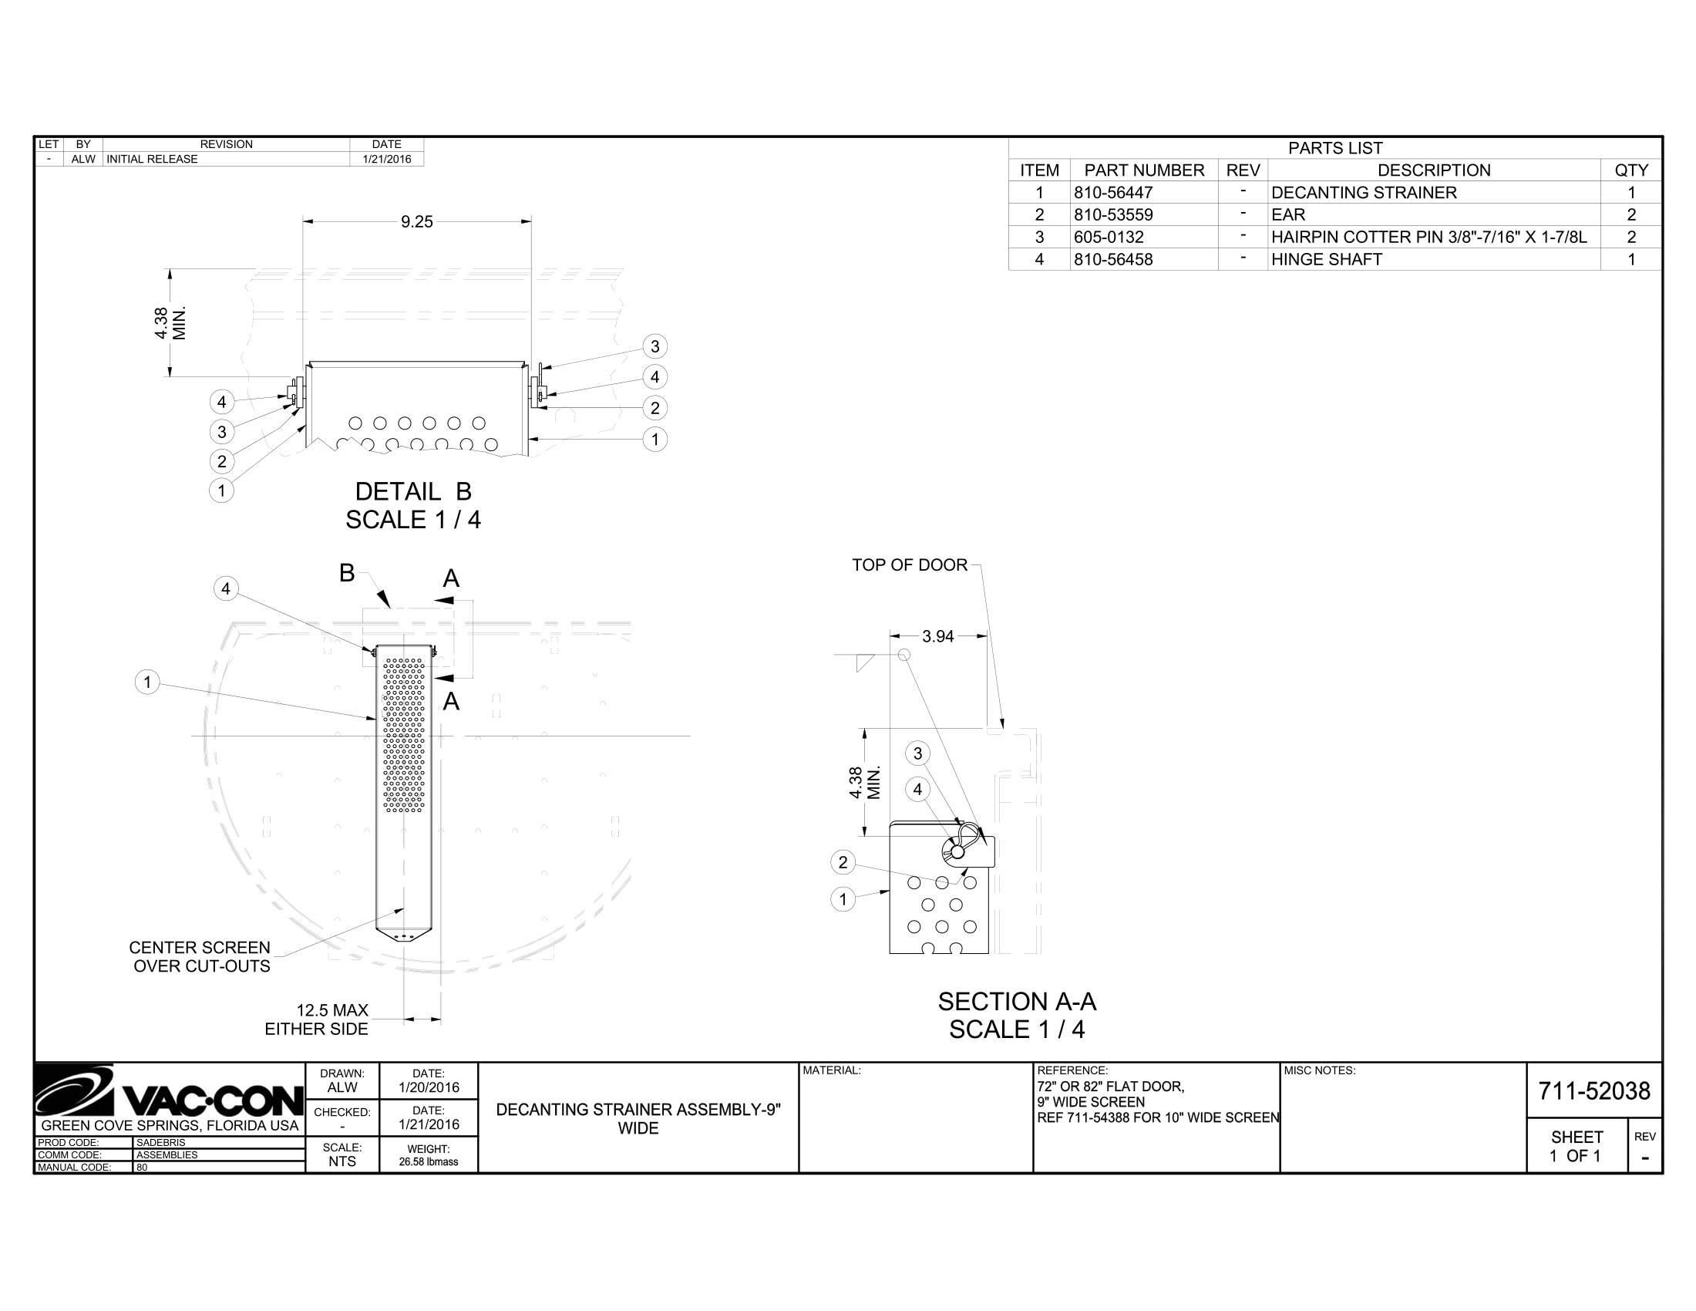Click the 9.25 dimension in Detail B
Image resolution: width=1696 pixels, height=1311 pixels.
pyautogui.click(x=416, y=222)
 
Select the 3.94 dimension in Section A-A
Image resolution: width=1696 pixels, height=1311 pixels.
pyautogui.click(x=937, y=637)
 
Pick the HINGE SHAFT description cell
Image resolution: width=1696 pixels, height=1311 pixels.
pyautogui.click(x=1327, y=259)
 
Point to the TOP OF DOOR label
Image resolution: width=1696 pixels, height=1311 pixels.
pyautogui.click(x=910, y=565)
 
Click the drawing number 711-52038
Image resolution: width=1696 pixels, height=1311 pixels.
pyautogui.click(x=1593, y=1091)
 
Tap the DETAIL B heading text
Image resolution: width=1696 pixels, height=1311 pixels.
pyautogui.click(x=413, y=492)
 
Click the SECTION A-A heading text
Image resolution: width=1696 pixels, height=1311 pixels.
pyautogui.click(x=1017, y=1002)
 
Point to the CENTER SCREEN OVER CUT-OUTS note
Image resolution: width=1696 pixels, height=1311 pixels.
pyautogui.click(x=200, y=957)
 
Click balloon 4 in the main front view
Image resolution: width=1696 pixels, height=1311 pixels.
pyautogui.click(x=225, y=588)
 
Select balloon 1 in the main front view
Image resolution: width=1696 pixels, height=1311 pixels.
pyautogui.click(x=147, y=682)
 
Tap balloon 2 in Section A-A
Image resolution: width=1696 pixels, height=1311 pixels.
pyautogui.click(x=843, y=862)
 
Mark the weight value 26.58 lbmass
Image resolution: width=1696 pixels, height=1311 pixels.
pyautogui.click(x=428, y=1162)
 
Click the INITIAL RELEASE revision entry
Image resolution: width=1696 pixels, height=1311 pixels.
pyautogui.click(x=152, y=159)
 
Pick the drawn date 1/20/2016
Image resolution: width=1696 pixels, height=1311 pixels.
pyautogui.click(x=428, y=1087)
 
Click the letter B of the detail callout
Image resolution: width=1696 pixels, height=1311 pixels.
pyautogui.click(x=346, y=573)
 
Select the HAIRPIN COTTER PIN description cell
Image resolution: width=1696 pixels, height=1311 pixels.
pyautogui.click(x=1428, y=238)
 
